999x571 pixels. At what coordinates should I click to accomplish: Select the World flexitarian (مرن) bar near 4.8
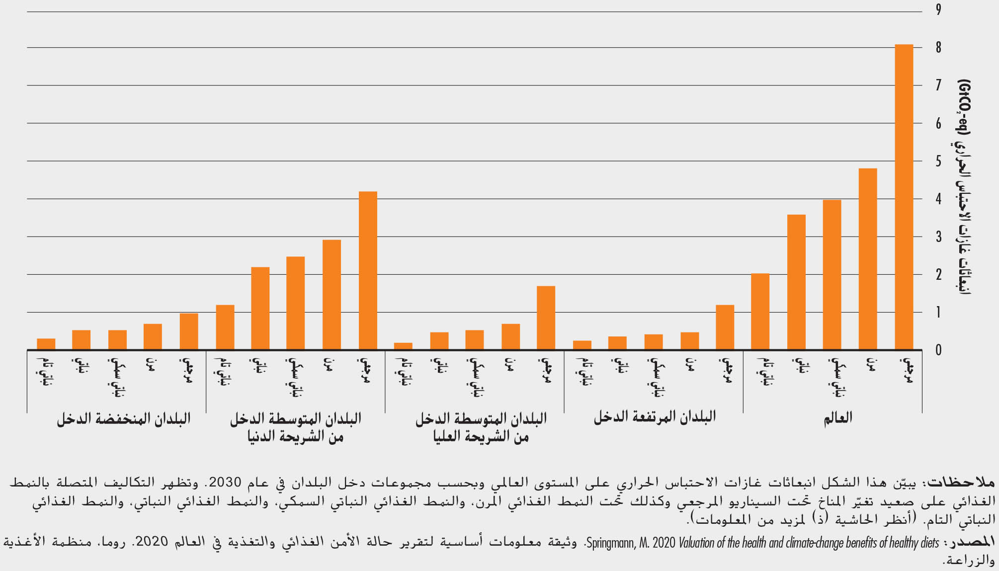coord(868,259)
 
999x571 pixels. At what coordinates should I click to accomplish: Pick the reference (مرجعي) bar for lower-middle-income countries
coord(368,270)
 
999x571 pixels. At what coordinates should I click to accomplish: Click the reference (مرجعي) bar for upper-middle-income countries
coord(546,318)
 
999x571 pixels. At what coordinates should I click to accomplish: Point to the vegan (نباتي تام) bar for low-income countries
coord(46,344)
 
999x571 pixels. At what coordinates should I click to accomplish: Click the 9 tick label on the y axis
coord(938,10)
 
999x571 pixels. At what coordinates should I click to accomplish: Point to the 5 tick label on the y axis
coord(938,161)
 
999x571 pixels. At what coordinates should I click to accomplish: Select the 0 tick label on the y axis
coord(938,350)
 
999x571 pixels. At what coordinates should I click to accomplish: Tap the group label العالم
coord(838,418)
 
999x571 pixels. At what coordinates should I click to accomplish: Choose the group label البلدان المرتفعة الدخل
coord(655,417)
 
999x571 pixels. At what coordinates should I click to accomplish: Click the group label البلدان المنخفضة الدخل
coord(123,418)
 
